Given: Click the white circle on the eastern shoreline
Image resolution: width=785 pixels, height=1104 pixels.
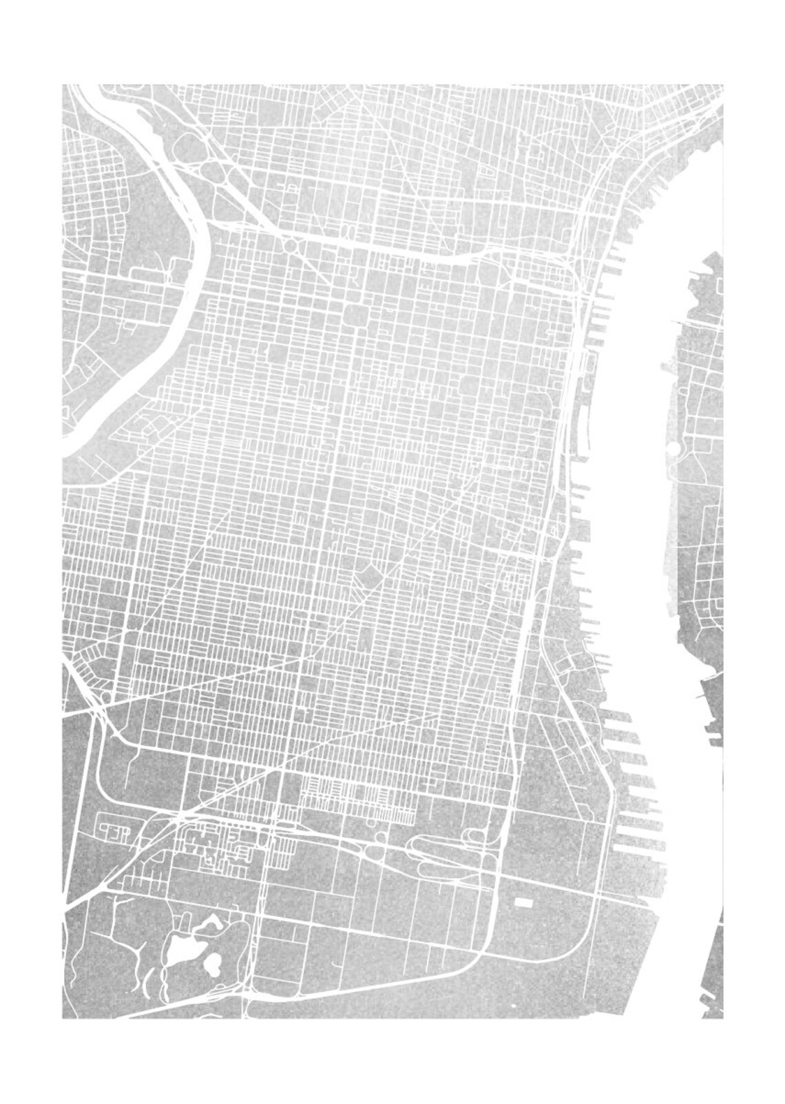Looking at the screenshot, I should (673, 449).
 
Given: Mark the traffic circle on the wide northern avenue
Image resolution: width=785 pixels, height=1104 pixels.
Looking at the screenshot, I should (290, 245).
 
